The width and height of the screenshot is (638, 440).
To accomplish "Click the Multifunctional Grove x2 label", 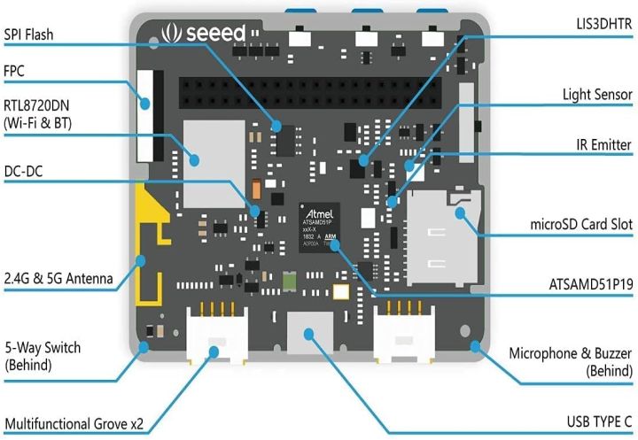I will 73,423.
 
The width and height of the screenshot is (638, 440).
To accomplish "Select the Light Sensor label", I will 596,94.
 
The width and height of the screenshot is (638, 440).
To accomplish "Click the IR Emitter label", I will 600,143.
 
